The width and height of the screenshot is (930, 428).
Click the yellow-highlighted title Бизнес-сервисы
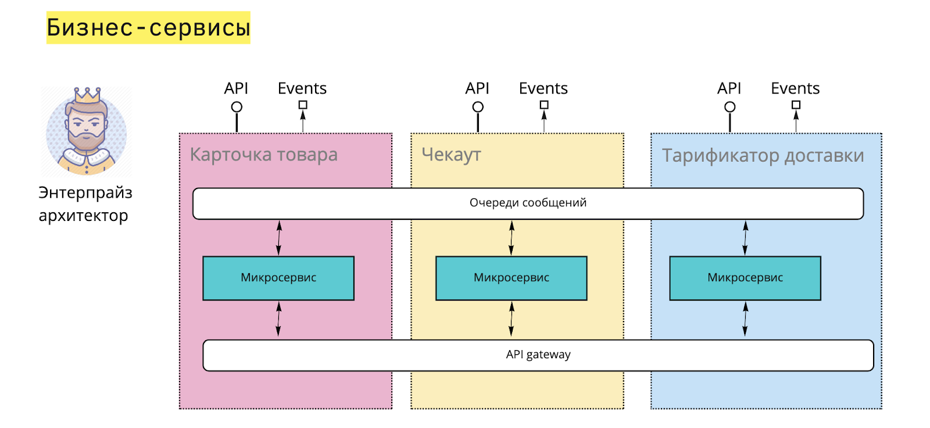point(148,27)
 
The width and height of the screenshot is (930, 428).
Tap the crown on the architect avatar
point(87,95)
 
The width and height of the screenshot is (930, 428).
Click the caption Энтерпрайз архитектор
point(85,204)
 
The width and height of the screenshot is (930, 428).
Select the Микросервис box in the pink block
point(278,278)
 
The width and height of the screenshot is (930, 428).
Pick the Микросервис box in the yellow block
point(512,278)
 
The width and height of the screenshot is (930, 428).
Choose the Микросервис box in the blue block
point(745,278)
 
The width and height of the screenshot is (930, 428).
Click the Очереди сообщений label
point(528,203)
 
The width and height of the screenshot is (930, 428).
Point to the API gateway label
point(538,355)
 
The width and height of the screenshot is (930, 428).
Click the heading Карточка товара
point(264,155)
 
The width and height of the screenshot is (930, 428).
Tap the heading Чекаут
point(451,155)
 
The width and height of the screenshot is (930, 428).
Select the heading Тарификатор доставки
point(763,156)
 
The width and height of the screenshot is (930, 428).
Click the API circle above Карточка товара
point(237,107)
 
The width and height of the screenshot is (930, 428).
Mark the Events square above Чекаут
point(544,105)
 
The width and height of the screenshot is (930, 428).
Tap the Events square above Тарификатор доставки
point(796,105)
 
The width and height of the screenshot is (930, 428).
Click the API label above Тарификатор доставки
point(729,88)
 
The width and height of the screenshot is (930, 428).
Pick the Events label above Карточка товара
point(302,88)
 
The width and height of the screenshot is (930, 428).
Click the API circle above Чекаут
point(478,107)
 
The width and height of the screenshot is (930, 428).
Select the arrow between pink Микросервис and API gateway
point(278,319)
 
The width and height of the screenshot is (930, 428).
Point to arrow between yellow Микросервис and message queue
point(512,238)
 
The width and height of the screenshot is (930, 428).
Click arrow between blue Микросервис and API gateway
point(745,319)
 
